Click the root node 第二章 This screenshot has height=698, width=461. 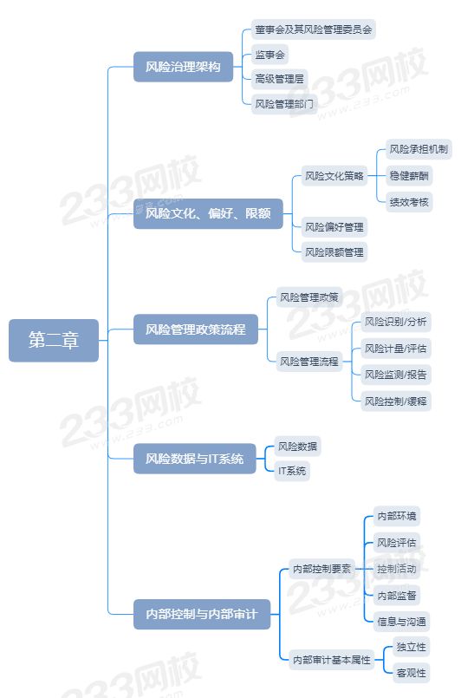point(54,340)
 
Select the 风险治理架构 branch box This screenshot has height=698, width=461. point(183,67)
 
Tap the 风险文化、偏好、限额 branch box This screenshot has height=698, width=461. point(208,213)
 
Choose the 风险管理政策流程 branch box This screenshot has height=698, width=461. point(195,329)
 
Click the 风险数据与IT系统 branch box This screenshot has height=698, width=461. point(194,459)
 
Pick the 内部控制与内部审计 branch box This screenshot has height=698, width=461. point(202,614)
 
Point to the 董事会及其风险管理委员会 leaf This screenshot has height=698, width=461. point(314,29)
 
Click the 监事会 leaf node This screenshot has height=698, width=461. point(269,55)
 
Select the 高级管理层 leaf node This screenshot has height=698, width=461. point(279,79)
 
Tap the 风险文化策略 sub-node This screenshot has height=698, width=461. point(334,176)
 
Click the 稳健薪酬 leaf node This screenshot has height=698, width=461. point(409,176)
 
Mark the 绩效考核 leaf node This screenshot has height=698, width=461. point(409,202)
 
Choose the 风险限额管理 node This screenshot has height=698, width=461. point(334,252)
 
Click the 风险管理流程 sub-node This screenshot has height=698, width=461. point(308,362)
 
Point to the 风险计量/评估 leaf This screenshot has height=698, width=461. point(396,349)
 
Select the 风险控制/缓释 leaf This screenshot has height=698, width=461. point(396,401)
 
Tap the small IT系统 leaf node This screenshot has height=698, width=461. point(292,471)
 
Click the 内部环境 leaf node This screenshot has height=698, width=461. point(397,516)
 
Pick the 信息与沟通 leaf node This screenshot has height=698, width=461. point(401,622)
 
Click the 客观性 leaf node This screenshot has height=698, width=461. point(411,673)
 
